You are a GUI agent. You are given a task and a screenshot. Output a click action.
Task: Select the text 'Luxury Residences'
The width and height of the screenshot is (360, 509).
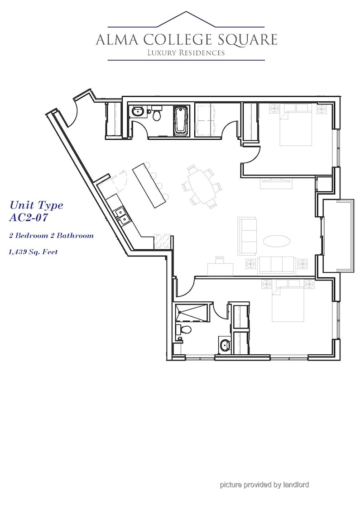[186, 52]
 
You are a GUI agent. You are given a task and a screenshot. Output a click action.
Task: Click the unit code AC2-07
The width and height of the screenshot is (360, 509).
[28, 217]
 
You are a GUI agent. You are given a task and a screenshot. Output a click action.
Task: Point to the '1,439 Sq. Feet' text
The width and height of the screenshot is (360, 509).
[33, 252]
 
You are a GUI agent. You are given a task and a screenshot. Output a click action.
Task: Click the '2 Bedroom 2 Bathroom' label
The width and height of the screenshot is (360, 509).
[51, 235]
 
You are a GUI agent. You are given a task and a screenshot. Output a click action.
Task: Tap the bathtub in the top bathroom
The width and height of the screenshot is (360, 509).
[181, 121]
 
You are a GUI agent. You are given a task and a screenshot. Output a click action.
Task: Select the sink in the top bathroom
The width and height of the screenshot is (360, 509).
[138, 112]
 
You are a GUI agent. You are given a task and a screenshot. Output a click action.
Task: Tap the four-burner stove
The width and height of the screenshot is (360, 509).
[162, 241]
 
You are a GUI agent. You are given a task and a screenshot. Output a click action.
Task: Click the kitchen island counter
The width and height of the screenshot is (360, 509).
[149, 186]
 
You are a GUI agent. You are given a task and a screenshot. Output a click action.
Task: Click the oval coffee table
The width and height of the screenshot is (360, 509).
[276, 241]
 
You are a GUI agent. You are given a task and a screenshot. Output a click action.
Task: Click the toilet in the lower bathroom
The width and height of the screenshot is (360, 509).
[183, 330]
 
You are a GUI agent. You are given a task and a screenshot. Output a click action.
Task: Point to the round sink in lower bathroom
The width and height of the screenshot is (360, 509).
[225, 345]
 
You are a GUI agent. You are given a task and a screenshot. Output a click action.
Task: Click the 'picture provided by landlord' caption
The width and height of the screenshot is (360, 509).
[264, 485]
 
